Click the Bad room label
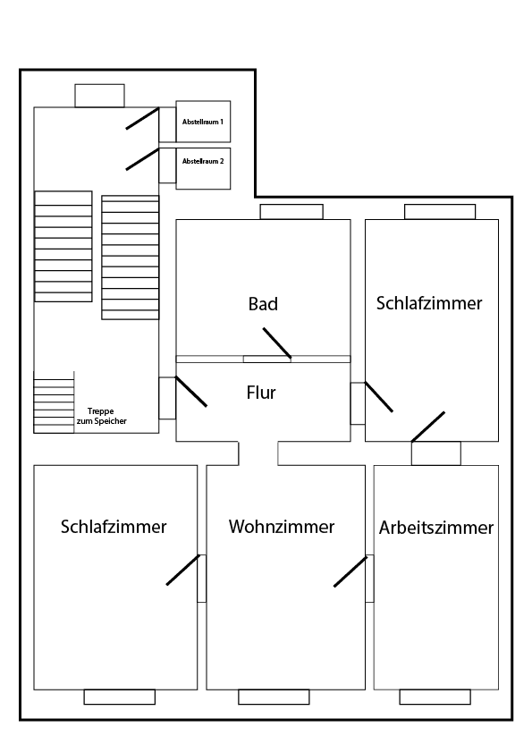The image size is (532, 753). point(263,304)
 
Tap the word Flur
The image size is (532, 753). point(261,392)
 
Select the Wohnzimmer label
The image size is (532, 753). point(282,527)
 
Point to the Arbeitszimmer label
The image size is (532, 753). point(435,528)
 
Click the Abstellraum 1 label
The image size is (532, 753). point(203,120)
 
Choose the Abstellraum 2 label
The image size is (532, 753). point(203,162)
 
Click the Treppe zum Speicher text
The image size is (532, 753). point(107,416)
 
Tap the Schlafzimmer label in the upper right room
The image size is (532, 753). point(429,302)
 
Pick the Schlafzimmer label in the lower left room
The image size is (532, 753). point(114,527)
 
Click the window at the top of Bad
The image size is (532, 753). point(291,212)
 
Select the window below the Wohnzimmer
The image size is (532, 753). point(274,697)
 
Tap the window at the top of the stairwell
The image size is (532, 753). point(99,95)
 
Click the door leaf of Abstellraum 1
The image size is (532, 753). point(142,118)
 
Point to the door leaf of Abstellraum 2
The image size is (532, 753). point(142,159)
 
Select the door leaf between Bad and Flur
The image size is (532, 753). point(277,343)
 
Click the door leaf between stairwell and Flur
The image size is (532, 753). point(191,392)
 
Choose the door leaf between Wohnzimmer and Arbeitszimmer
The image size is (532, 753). point(350,571)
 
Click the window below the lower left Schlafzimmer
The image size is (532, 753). point(119,697)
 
